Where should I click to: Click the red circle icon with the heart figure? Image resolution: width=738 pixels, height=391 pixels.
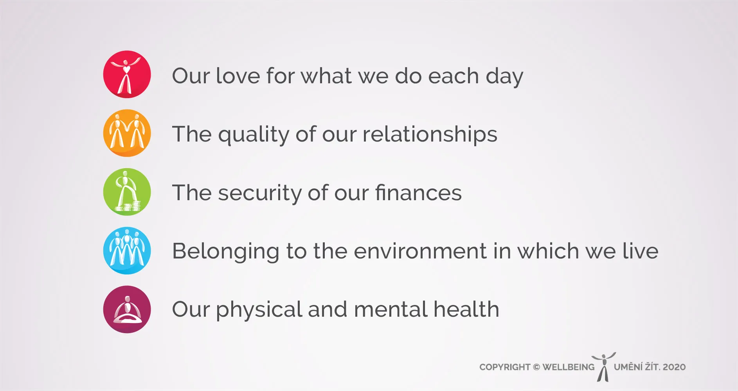[x=127, y=74]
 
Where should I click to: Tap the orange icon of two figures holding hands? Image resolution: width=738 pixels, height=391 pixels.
[x=127, y=133]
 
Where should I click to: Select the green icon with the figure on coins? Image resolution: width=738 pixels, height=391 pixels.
[x=127, y=192]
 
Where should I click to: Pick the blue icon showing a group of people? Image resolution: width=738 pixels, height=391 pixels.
[x=127, y=251]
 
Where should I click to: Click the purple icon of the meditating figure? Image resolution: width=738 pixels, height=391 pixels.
[x=127, y=309]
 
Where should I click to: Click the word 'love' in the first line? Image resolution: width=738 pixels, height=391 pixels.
[x=238, y=75]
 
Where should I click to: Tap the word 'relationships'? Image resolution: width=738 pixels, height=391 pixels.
[x=430, y=135]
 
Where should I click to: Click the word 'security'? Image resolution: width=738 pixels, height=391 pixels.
[x=259, y=194]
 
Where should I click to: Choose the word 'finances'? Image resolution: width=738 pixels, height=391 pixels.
[x=418, y=192]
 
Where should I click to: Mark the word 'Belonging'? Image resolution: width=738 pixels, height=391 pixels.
[x=225, y=252]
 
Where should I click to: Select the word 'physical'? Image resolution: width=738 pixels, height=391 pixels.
[x=259, y=310]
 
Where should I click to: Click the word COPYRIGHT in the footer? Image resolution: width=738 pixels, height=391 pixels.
[x=505, y=367]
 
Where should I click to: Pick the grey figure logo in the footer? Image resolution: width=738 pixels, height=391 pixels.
[x=603, y=367]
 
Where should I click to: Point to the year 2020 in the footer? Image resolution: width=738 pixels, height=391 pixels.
[x=674, y=367]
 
